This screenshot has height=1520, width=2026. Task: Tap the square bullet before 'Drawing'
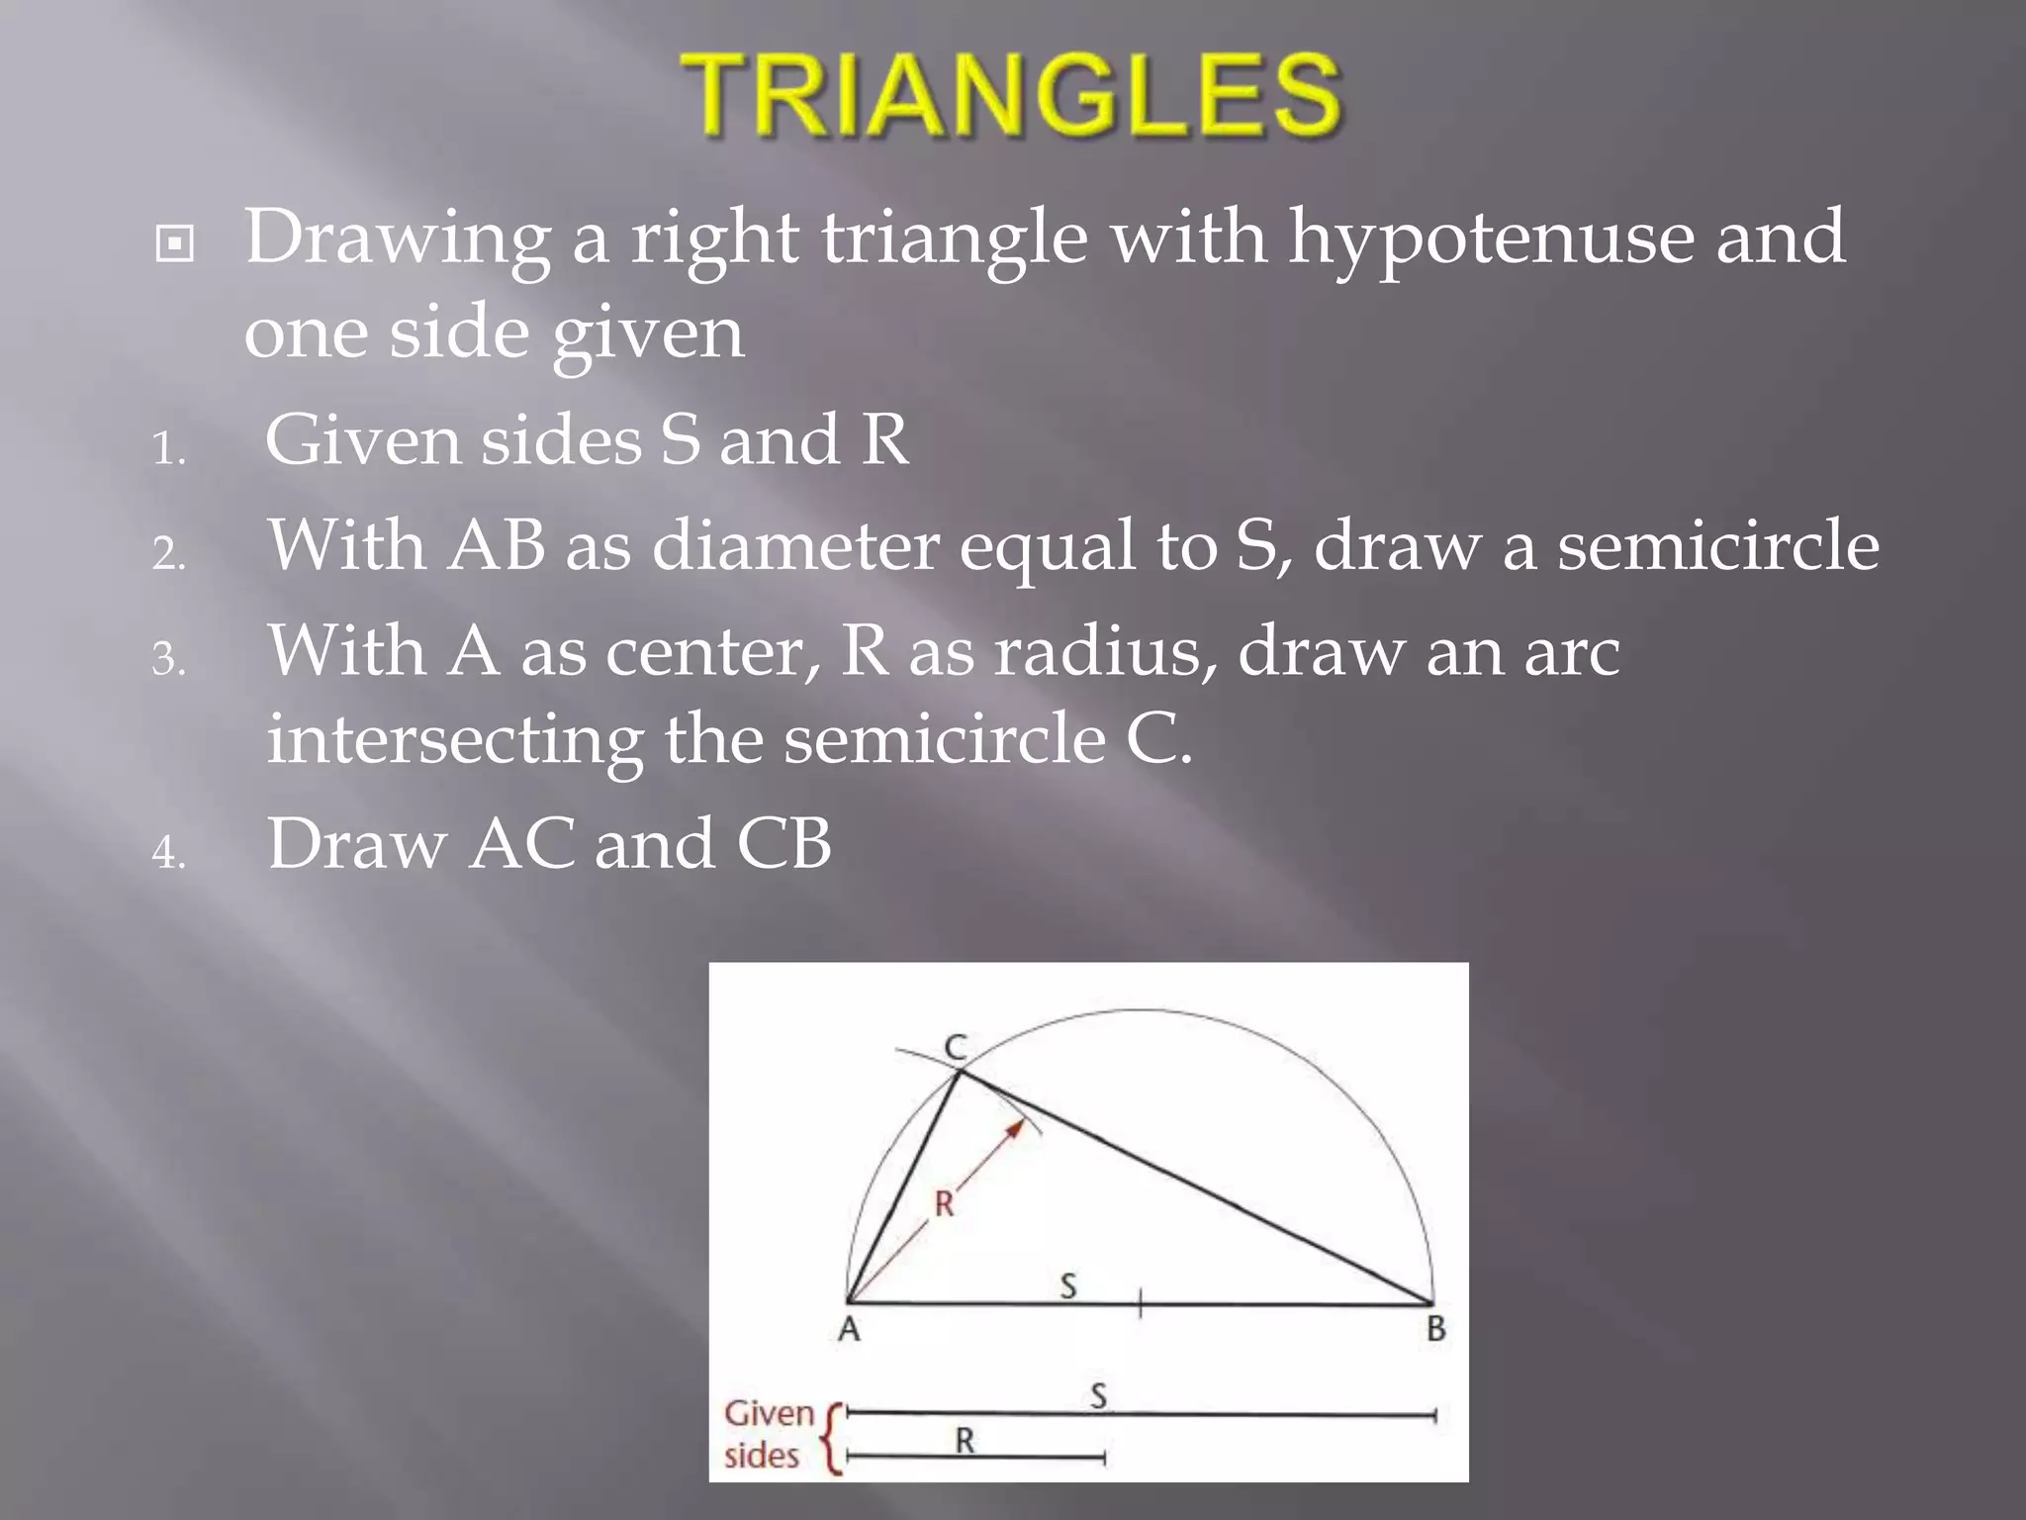175,243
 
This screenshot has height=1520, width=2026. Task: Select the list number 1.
168,450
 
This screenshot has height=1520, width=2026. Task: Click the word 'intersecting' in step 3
454,740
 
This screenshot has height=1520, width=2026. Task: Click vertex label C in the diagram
956,1047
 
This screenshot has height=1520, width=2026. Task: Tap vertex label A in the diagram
849,1329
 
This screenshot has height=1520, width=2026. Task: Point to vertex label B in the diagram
1436,1329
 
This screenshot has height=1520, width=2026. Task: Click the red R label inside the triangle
945,1204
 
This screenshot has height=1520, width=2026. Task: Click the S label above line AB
1068,1285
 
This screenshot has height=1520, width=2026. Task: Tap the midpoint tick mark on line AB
1141,1303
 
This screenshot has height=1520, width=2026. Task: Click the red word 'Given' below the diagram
769,1413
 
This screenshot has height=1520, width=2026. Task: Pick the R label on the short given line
965,1441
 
